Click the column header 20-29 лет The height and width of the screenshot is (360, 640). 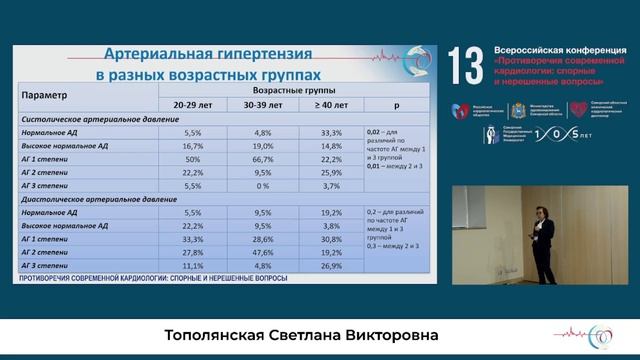click(x=195, y=104)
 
